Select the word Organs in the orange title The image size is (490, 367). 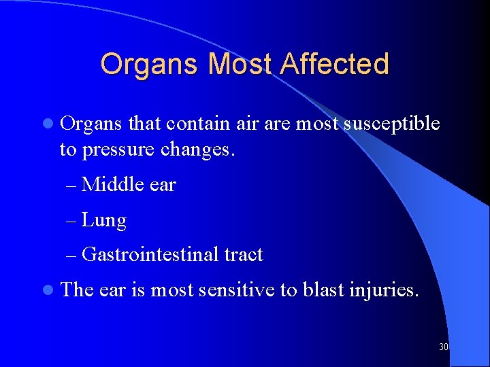150,64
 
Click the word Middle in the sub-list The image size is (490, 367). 111,184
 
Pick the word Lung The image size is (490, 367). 103,220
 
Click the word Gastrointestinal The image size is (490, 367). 150,255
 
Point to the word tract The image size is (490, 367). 243,255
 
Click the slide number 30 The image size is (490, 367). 444,347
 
